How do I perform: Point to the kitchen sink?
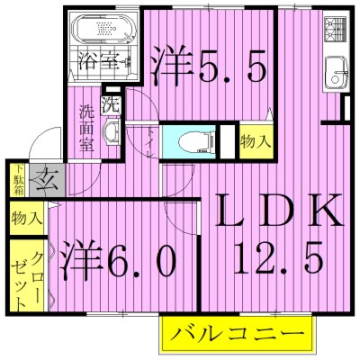[x=338, y=67]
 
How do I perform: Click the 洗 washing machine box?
[x=111, y=104]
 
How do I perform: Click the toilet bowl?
[x=194, y=141]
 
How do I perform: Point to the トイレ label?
[x=148, y=144]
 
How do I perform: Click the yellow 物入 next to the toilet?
[x=255, y=141]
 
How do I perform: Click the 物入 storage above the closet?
[x=25, y=218]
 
